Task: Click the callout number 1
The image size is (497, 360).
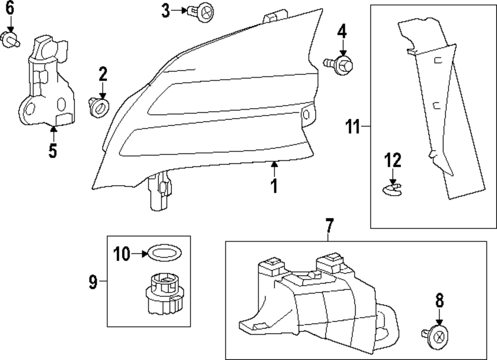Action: (x=273, y=187)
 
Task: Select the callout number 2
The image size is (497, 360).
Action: (x=103, y=74)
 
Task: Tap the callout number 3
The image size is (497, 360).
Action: (x=166, y=10)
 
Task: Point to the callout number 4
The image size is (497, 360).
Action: (x=341, y=32)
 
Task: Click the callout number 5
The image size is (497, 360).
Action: (x=53, y=149)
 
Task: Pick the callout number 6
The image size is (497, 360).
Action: (x=10, y=8)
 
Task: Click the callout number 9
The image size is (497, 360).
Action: (x=93, y=282)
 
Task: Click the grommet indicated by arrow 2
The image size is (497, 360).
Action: (x=99, y=106)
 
